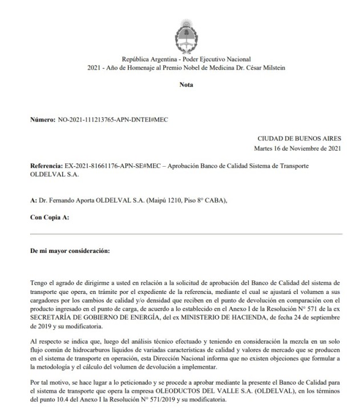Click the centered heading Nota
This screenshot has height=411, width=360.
[x=186, y=84]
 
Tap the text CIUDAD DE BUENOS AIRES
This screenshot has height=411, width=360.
[x=300, y=139]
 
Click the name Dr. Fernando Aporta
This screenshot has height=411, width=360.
[x=62, y=200]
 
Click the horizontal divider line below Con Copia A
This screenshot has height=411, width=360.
[x=186, y=234]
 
